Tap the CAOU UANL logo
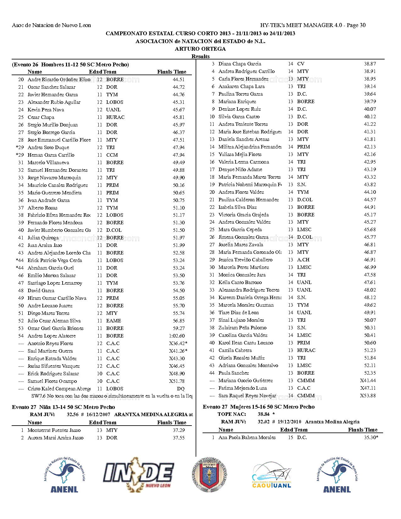[x=271, y=475]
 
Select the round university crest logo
[x=209, y=474]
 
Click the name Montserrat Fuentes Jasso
[x=54, y=430]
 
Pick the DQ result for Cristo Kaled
[x=181, y=389]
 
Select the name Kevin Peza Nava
[x=46, y=110]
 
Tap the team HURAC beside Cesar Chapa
[x=115, y=117]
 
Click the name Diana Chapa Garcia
[x=240, y=64]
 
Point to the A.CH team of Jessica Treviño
[x=303, y=260]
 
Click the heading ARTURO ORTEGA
[x=200, y=49]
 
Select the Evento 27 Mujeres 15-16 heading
[x=259, y=407]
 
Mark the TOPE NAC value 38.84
[x=264, y=414]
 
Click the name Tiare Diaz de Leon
[x=239, y=313]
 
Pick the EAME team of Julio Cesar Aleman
[x=114, y=321]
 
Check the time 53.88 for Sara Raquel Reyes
[x=368, y=396]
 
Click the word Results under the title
[x=200, y=56]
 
